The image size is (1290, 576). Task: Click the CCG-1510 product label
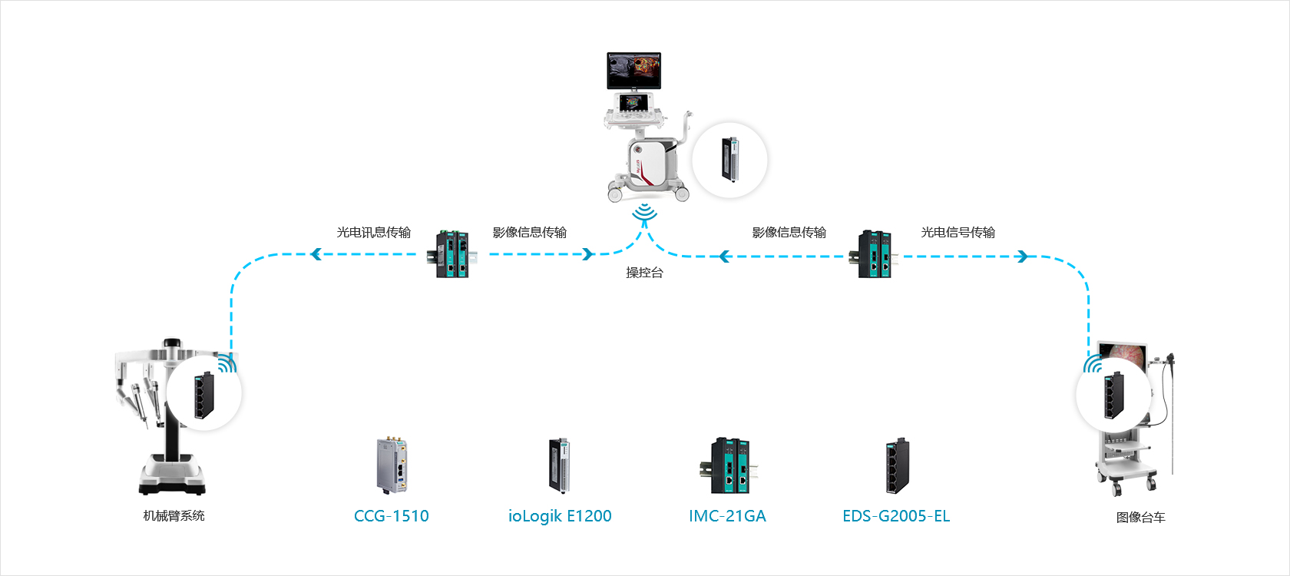click(x=391, y=516)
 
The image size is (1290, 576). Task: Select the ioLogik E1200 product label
click(x=560, y=516)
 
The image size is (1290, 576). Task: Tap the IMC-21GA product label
click(x=727, y=516)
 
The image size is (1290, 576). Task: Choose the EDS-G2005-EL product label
click(x=896, y=516)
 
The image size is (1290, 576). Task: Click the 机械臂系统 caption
click(x=174, y=516)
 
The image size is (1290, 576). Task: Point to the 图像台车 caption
click(x=1140, y=518)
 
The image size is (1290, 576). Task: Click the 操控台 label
click(x=644, y=273)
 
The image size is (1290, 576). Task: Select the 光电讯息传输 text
click(x=374, y=232)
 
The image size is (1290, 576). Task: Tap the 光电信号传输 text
click(x=958, y=232)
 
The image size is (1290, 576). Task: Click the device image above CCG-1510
click(x=393, y=465)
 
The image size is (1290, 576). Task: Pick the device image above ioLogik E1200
click(x=559, y=465)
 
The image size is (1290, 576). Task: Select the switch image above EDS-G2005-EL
click(x=897, y=465)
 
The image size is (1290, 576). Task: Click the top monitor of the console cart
click(x=633, y=71)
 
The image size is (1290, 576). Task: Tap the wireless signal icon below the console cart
click(x=645, y=213)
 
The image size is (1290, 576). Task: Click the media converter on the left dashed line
click(x=453, y=253)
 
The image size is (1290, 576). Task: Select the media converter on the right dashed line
click(x=875, y=254)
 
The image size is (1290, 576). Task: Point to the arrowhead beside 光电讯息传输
click(x=316, y=254)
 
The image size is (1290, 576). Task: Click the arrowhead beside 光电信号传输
click(x=1022, y=257)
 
